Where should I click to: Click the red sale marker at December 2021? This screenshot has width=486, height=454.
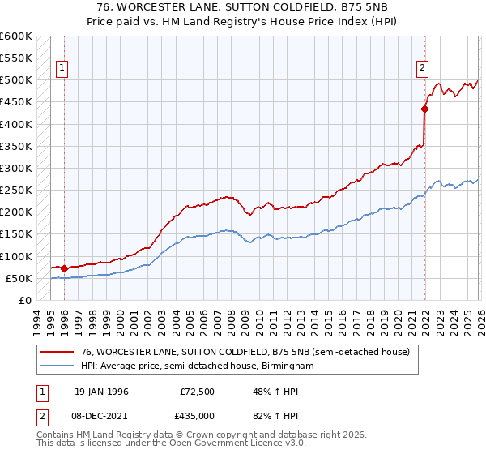click(424, 108)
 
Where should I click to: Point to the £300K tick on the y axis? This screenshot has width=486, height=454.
click(16, 168)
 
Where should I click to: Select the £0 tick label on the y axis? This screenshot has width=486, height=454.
click(24, 300)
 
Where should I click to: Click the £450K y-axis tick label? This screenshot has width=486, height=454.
click(16, 102)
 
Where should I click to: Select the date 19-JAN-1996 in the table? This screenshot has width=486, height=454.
click(101, 392)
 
